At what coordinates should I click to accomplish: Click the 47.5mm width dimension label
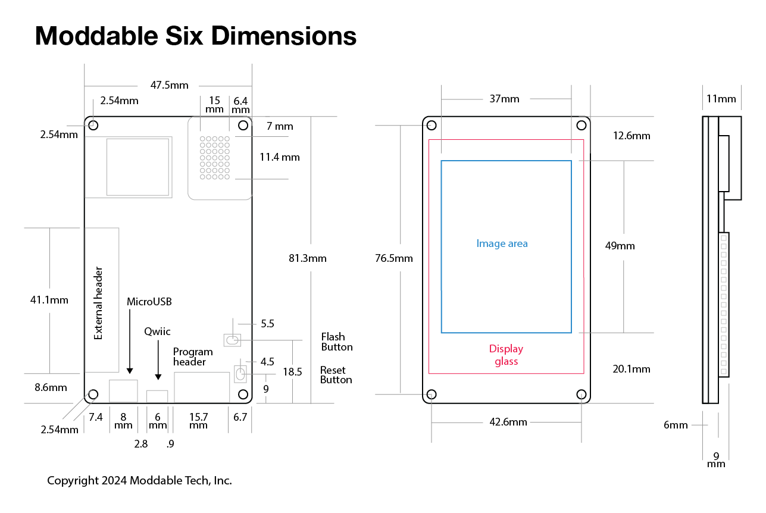pos(169,85)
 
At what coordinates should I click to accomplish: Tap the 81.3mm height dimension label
pos(308,258)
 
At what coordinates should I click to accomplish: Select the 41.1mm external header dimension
pos(49,300)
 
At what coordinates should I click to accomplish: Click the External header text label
pos(98,303)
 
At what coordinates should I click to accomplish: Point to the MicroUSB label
pos(149,302)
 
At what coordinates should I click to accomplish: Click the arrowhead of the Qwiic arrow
pos(158,377)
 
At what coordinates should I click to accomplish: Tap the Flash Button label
pos(337,342)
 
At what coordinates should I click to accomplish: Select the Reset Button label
pos(336,375)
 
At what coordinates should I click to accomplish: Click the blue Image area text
pos(502,243)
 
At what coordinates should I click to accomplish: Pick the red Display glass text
pos(506,355)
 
